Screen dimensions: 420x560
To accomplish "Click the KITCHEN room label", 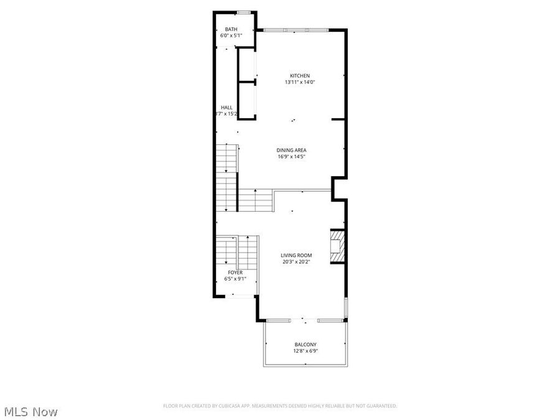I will pyautogui.click(x=297, y=76).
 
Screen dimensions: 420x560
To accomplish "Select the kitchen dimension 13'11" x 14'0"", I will pyautogui.click(x=297, y=82).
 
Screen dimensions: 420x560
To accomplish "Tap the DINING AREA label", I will pyautogui.click(x=291, y=150).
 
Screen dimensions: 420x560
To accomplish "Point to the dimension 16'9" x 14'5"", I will pyautogui.click(x=291, y=156).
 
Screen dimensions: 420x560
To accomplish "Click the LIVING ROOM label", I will pyautogui.click(x=296, y=255).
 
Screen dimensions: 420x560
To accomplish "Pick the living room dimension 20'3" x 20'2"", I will pyautogui.click(x=296, y=261).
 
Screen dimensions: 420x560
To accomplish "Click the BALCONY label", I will pyautogui.click(x=305, y=345).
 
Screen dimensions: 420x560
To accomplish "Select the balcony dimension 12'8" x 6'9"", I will pyautogui.click(x=305, y=351).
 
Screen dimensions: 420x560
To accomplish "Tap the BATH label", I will pyautogui.click(x=231, y=29).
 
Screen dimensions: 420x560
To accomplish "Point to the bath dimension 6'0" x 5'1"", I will pyautogui.click(x=231, y=35).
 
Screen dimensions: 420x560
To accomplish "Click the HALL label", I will pyautogui.click(x=226, y=108).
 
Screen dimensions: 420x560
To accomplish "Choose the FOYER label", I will pyautogui.click(x=235, y=273).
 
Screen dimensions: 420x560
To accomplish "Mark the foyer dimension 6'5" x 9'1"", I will pyautogui.click(x=235, y=279).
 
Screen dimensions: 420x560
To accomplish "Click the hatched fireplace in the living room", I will pyautogui.click(x=336, y=246).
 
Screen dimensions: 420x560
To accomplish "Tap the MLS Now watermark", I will pyautogui.click(x=31, y=411).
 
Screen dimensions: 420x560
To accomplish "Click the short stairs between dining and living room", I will pyautogui.click(x=256, y=201).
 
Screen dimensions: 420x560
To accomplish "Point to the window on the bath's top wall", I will pyautogui.click(x=244, y=12).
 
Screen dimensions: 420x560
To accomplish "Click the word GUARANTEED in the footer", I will pyautogui.click(x=381, y=406).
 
